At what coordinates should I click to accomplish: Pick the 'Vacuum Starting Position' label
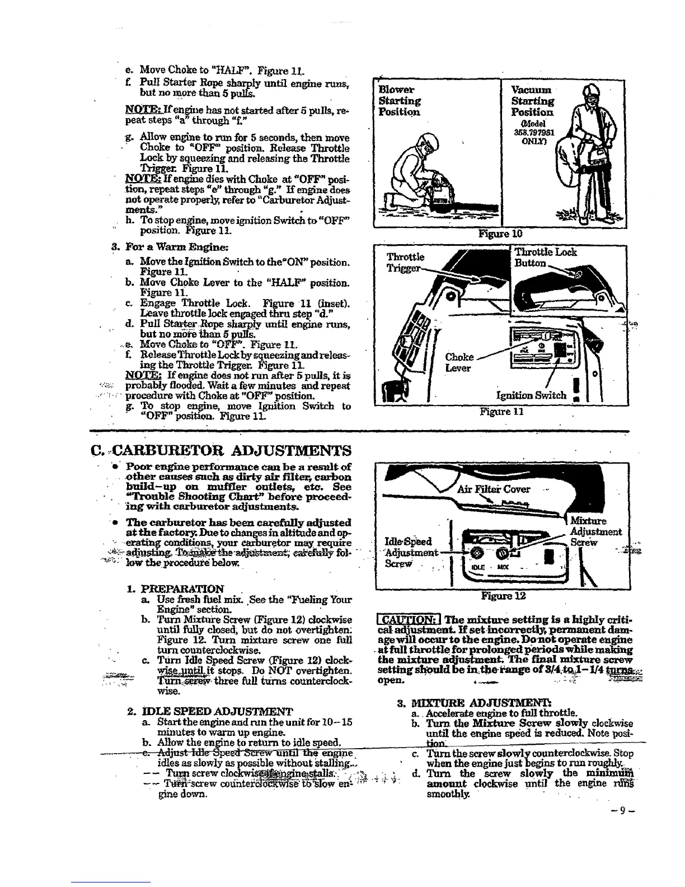[533, 101]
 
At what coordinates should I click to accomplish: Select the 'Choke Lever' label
[459, 362]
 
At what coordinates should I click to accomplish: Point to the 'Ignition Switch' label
[532, 395]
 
